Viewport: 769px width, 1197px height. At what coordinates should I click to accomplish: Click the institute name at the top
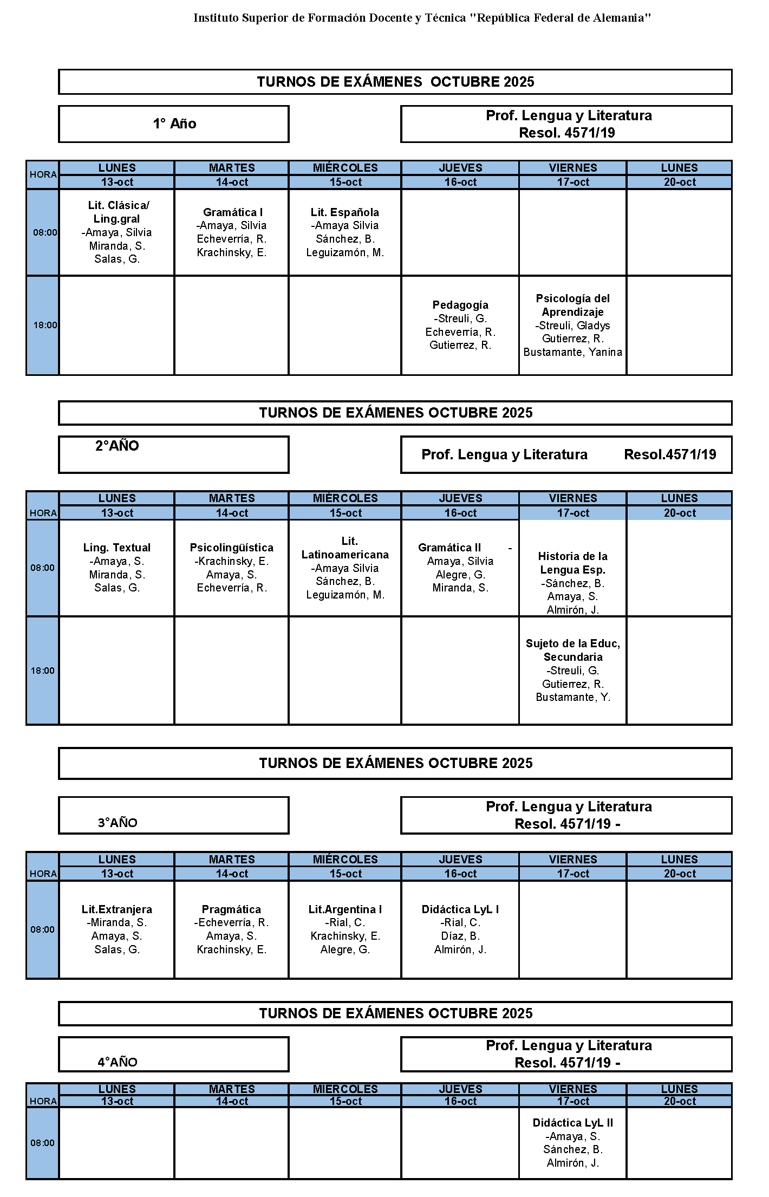[422, 18]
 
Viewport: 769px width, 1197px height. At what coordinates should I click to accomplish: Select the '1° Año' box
[174, 124]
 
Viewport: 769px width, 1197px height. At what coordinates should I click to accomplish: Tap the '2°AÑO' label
[117, 446]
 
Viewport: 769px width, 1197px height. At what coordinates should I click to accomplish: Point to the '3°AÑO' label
[118, 823]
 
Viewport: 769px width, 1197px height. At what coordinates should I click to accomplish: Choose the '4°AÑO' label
[118, 1062]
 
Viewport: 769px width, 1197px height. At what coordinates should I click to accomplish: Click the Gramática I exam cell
[232, 232]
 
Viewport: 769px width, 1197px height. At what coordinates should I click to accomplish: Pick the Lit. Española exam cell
[345, 232]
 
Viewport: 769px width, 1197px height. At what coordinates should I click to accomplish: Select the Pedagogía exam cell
[460, 325]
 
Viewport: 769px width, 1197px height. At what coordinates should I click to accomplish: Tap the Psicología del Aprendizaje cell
[572, 325]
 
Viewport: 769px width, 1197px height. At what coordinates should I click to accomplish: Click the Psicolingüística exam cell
[232, 568]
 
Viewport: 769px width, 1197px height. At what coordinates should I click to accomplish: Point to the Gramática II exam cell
[460, 568]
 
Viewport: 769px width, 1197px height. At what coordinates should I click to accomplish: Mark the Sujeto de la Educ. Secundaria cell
[572, 671]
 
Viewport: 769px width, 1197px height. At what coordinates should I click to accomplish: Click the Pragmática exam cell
[232, 929]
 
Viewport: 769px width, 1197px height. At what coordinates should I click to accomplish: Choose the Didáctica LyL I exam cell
[460, 929]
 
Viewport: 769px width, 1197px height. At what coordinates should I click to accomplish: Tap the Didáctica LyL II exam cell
[572, 1143]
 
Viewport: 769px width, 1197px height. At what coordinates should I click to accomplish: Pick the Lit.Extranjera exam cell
[117, 929]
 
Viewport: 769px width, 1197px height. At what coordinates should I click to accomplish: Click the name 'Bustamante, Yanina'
[572, 352]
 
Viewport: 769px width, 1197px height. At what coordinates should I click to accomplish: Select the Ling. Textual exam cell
[117, 568]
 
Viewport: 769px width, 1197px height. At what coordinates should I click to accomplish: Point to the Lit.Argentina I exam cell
[345, 929]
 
